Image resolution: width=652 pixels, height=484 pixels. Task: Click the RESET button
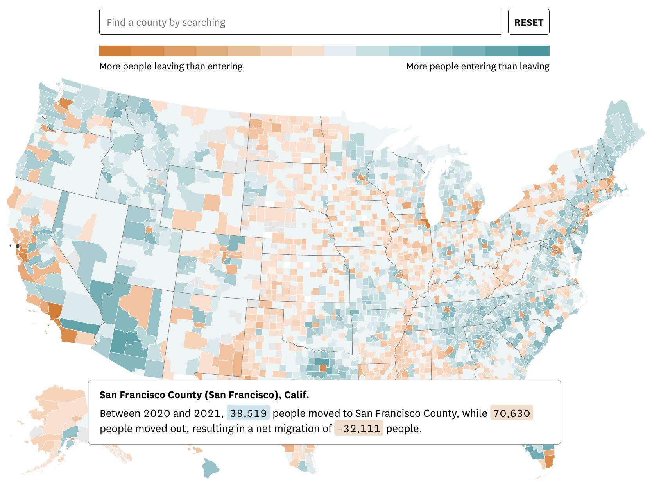(528, 22)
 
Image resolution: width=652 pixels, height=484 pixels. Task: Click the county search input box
(300, 22)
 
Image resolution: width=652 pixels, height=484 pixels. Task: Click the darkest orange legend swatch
(115, 51)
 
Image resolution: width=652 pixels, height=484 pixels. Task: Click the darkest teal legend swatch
(534, 51)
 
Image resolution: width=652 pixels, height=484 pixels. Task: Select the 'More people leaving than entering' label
(171, 66)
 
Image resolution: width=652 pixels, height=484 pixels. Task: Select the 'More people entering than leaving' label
(478, 66)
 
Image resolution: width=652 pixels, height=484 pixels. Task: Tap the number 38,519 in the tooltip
(248, 413)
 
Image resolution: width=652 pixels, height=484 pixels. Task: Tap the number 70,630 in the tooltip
(511, 413)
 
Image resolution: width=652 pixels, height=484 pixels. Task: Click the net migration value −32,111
(358, 429)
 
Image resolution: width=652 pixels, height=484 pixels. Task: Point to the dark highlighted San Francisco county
(18, 246)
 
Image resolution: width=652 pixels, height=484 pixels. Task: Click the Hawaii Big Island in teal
(211, 467)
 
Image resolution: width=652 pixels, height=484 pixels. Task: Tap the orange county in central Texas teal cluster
(323, 368)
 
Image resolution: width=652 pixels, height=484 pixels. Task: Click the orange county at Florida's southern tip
(549, 461)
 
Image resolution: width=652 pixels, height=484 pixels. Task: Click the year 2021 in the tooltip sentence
(207, 413)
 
